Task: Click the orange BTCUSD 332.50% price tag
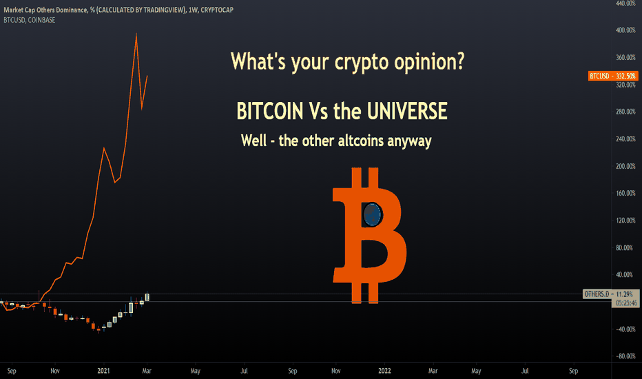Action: (x=613, y=76)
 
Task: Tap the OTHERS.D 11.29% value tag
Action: (x=609, y=294)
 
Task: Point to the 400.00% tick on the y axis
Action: (x=625, y=30)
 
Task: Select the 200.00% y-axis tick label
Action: (x=625, y=166)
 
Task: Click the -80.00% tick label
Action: (x=625, y=356)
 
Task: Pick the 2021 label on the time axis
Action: (x=103, y=371)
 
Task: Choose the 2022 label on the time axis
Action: (x=384, y=371)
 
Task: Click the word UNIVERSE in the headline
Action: (x=407, y=111)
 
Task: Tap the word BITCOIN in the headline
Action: (x=270, y=111)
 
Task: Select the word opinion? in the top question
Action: (x=429, y=61)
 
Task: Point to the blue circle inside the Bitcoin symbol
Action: (x=372, y=214)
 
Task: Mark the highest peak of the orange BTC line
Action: (x=136, y=34)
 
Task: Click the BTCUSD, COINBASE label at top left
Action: (x=30, y=20)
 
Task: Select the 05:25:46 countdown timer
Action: (x=626, y=303)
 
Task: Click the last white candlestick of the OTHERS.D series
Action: (x=147, y=297)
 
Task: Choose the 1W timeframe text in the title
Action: (x=193, y=10)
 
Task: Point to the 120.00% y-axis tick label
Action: (x=625, y=221)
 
